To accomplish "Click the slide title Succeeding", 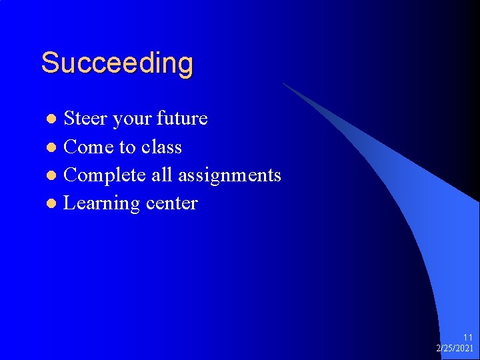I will (x=117, y=64).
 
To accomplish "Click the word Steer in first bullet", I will (x=85, y=119).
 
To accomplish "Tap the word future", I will (x=182, y=119).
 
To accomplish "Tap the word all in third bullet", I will (x=161, y=175).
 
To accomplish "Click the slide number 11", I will (x=467, y=338).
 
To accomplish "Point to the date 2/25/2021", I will (x=455, y=348).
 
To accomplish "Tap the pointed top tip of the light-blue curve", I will (x=283, y=84).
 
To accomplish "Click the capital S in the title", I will (x=49, y=63).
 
